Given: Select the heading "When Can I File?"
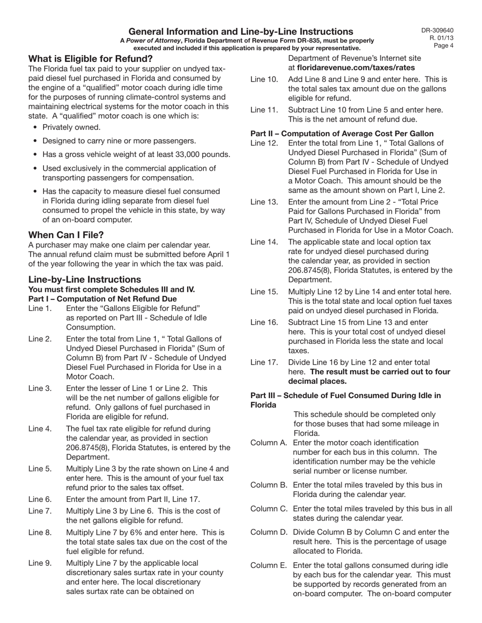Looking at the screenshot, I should [66, 235].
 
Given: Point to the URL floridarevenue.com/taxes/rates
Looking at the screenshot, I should [355, 67].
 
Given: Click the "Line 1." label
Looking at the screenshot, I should [40, 308].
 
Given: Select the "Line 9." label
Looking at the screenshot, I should [40, 563].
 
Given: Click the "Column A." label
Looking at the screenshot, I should [269, 443].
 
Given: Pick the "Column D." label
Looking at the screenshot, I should [269, 532].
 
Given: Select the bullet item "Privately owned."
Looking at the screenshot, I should [72, 127].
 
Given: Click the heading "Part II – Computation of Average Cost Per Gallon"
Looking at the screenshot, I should [342, 134].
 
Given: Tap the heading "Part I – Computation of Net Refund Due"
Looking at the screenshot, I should [102, 299].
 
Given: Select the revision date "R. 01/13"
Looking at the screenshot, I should [441, 37].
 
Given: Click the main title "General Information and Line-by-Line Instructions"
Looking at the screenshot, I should [240, 31].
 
